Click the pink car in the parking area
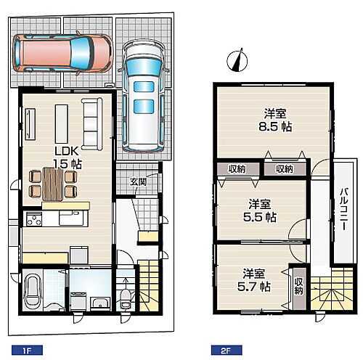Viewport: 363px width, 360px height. pyautogui.click(x=63, y=53)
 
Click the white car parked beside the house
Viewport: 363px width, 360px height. pyautogui.click(x=144, y=97)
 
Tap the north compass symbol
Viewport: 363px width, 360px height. pyautogui.click(x=237, y=60)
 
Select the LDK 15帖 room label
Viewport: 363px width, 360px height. pyautogui.click(x=68, y=157)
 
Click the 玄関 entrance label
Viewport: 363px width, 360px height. pyautogui.click(x=139, y=181)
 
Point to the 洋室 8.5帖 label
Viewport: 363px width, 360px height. pyautogui.click(x=275, y=120)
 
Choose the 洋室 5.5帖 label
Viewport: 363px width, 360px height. pyautogui.click(x=260, y=210)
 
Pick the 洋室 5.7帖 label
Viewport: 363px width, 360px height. pyautogui.click(x=254, y=280)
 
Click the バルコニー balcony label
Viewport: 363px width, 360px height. pyautogui.click(x=344, y=209)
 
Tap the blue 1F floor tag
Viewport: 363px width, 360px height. pyautogui.click(x=27, y=351)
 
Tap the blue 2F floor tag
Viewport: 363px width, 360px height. pyautogui.click(x=227, y=351)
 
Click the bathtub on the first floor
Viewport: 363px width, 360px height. pyautogui.click(x=33, y=292)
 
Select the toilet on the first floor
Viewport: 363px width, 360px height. pyautogui.click(x=125, y=299)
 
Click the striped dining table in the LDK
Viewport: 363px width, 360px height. pyautogui.click(x=53, y=184)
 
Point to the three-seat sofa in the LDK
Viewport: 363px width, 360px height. pyautogui.click(x=91, y=124)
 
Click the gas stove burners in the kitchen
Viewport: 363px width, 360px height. pyautogui.click(x=33, y=219)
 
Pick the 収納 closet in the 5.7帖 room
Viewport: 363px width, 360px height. pyautogui.click(x=299, y=288)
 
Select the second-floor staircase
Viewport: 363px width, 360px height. pyautogui.click(x=332, y=289)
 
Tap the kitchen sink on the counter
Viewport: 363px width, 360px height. pyautogui.click(x=71, y=218)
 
